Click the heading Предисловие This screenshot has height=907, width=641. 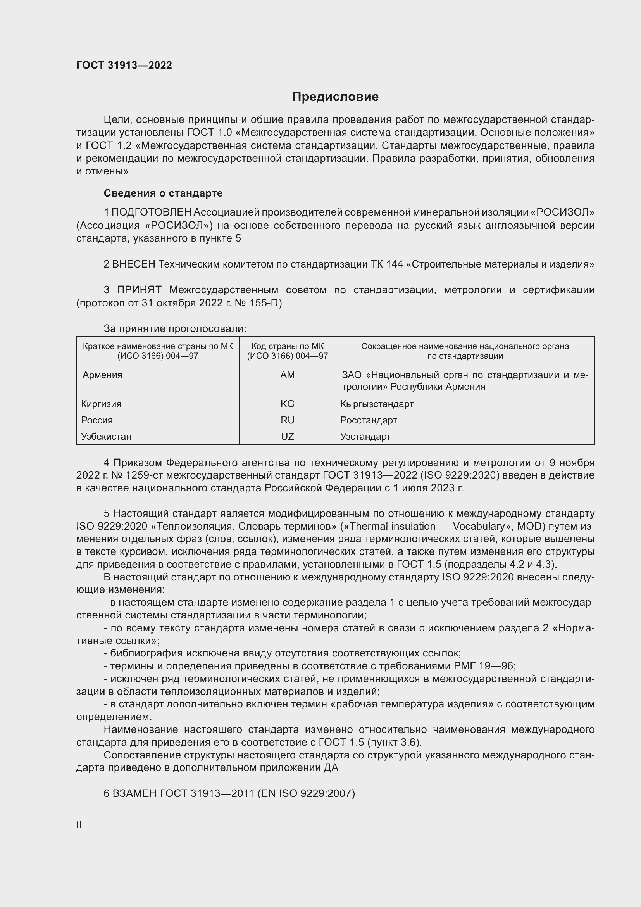(335, 97)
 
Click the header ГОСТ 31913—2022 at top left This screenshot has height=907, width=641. (124, 65)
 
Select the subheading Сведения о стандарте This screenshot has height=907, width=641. (163, 193)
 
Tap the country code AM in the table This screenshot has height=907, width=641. (287, 375)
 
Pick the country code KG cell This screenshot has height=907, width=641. (287, 404)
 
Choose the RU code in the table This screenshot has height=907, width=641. (287, 420)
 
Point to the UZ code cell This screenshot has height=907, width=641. (287, 437)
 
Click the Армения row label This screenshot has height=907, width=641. (102, 375)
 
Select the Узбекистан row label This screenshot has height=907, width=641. (106, 437)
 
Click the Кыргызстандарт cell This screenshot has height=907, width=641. (377, 404)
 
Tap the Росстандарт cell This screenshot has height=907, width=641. (369, 420)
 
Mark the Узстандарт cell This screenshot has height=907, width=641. (365, 437)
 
